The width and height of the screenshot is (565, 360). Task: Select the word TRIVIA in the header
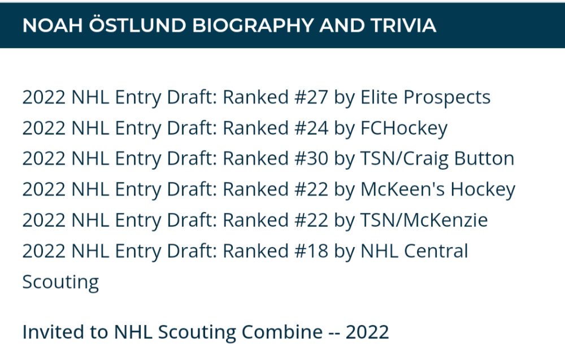click(403, 25)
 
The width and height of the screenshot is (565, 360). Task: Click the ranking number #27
click(312, 97)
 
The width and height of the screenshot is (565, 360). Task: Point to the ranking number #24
click(312, 128)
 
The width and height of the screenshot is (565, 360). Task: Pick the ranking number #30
click(312, 158)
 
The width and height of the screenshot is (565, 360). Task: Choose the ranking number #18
click(312, 251)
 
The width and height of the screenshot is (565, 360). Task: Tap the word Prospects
click(447, 98)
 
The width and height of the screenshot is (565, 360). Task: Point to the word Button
click(484, 158)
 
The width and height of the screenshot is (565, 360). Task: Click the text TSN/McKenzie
click(424, 220)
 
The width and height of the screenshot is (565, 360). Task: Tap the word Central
click(436, 251)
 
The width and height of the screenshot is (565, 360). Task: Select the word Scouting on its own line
click(60, 283)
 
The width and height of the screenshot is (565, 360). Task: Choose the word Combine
click(282, 332)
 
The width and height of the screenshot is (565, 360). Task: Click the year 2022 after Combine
click(368, 332)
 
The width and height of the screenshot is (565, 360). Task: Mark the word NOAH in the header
click(53, 25)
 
